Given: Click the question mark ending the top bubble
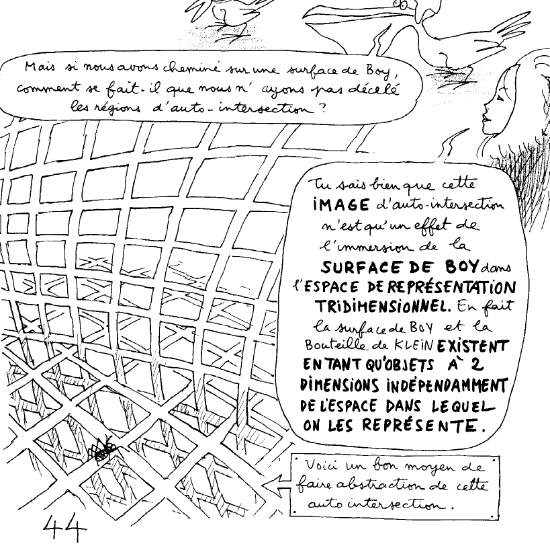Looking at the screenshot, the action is pyautogui.click(x=323, y=106).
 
